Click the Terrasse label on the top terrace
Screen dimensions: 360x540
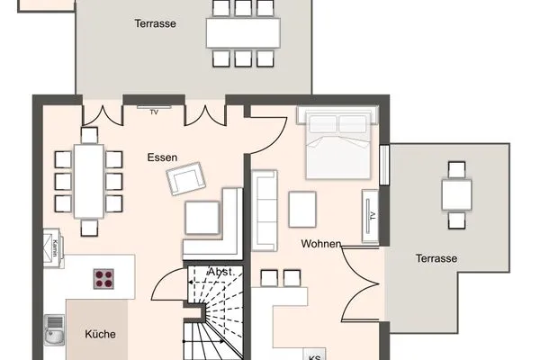click(155, 23)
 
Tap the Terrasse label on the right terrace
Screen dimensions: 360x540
click(436, 258)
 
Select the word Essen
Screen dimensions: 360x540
click(163, 157)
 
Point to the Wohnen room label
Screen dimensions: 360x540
click(320, 244)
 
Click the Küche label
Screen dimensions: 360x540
click(100, 334)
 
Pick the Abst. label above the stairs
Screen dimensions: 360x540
click(221, 272)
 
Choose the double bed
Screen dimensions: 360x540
click(338, 145)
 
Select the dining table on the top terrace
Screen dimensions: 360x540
click(243, 32)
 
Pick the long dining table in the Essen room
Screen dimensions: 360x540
click(88, 180)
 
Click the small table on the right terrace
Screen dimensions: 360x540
click(456, 193)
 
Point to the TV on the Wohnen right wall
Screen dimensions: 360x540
click(370, 215)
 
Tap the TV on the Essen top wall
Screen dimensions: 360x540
click(154, 112)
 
